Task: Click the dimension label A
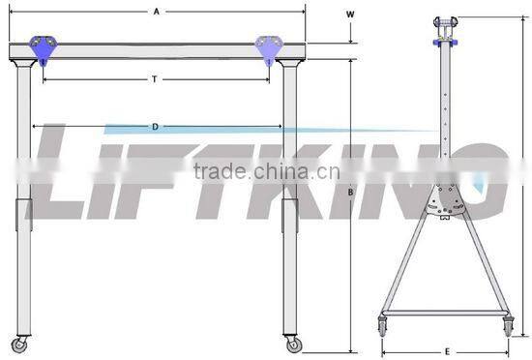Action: point(156,12)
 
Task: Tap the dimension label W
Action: point(350,15)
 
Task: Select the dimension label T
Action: point(155,79)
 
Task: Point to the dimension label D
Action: point(155,127)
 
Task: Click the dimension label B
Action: point(350,193)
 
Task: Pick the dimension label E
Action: point(447,352)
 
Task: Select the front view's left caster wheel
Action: point(19,345)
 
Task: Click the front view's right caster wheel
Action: point(293,345)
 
